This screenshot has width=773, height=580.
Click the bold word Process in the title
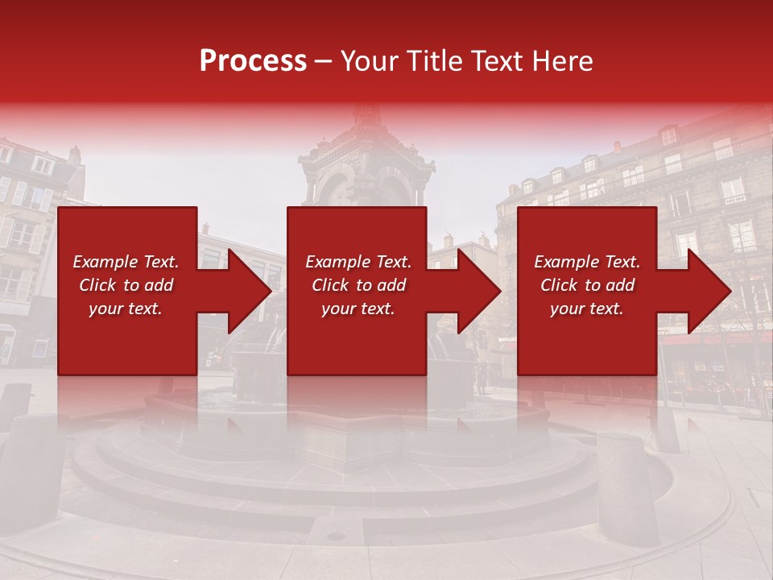(253, 61)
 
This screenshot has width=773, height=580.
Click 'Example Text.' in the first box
(126, 262)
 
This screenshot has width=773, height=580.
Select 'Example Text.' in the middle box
(358, 262)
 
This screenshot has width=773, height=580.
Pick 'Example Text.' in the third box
(587, 262)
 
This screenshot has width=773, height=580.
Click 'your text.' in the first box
(126, 309)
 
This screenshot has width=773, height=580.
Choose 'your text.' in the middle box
(358, 309)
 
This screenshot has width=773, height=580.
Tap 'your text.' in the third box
(587, 309)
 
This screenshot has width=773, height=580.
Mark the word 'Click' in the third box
(559, 285)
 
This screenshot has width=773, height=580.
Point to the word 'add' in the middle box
(391, 285)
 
